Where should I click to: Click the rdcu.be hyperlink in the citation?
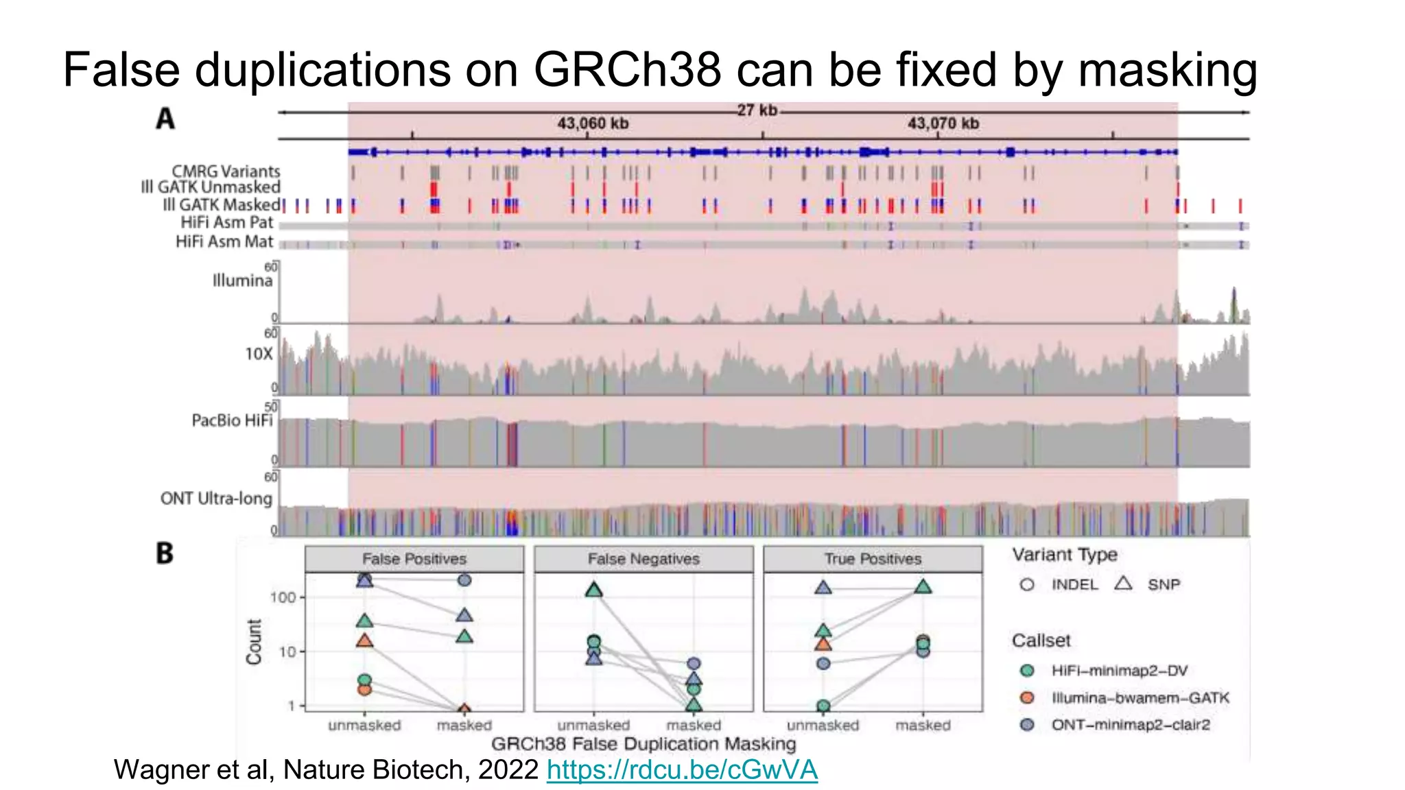(x=682, y=769)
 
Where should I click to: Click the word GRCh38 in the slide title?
(x=627, y=70)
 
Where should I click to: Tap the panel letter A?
(x=165, y=119)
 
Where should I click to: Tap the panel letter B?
(x=165, y=553)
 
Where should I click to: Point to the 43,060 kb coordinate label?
(x=593, y=123)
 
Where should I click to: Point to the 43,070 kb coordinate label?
(x=943, y=123)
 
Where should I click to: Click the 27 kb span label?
(x=757, y=110)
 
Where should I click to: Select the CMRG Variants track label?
(x=226, y=171)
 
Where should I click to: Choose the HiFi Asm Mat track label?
(x=224, y=241)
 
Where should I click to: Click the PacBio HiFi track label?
(x=232, y=420)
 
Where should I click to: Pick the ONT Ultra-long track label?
(x=216, y=499)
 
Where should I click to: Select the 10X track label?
(x=259, y=354)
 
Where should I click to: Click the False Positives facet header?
(x=414, y=559)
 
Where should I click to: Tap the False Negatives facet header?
(x=644, y=559)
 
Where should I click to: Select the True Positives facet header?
(x=873, y=559)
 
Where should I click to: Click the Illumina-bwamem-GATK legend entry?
(x=1140, y=698)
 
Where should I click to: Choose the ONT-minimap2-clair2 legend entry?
(x=1130, y=725)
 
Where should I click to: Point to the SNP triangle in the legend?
(x=1123, y=584)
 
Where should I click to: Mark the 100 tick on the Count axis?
(x=283, y=597)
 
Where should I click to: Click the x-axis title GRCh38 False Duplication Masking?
(x=644, y=744)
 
